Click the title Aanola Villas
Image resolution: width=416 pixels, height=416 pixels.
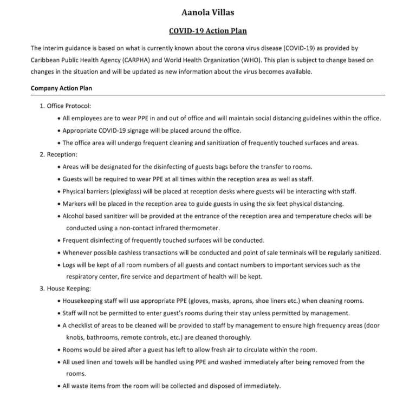[x=208, y=11]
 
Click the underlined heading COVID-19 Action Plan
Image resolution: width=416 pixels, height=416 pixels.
[x=208, y=31]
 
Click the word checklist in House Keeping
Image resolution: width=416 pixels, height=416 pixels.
[x=85, y=325]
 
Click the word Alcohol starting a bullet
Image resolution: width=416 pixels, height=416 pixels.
[x=74, y=216]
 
